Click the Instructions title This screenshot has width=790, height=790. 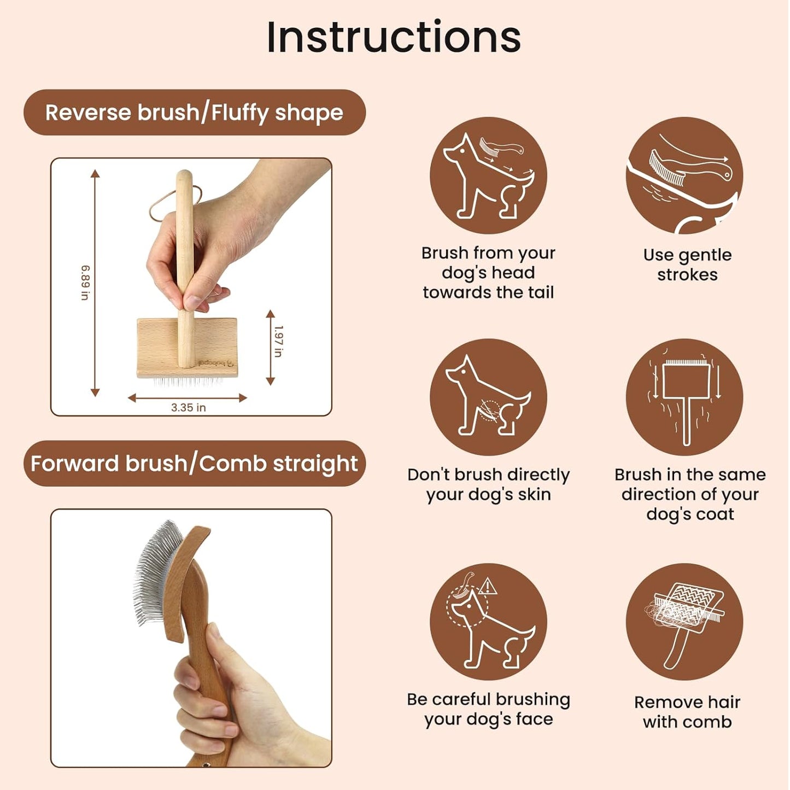(394, 37)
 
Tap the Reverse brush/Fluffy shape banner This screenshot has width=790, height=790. (194, 113)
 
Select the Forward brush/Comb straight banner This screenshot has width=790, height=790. (194, 464)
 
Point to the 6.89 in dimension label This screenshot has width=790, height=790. (85, 283)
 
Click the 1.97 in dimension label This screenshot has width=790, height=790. (278, 341)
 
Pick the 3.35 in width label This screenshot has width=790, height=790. (188, 408)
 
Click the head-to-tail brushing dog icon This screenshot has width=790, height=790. (488, 175)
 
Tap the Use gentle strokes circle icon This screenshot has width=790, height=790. (684, 175)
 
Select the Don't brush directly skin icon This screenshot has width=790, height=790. (488, 397)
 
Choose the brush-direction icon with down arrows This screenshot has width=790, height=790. (684, 397)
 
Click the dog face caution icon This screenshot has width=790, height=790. (488, 622)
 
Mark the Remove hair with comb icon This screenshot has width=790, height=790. (684, 622)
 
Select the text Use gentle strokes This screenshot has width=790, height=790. (687, 265)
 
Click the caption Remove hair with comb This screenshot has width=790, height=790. (687, 712)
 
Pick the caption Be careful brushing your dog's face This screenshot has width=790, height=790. (488, 709)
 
